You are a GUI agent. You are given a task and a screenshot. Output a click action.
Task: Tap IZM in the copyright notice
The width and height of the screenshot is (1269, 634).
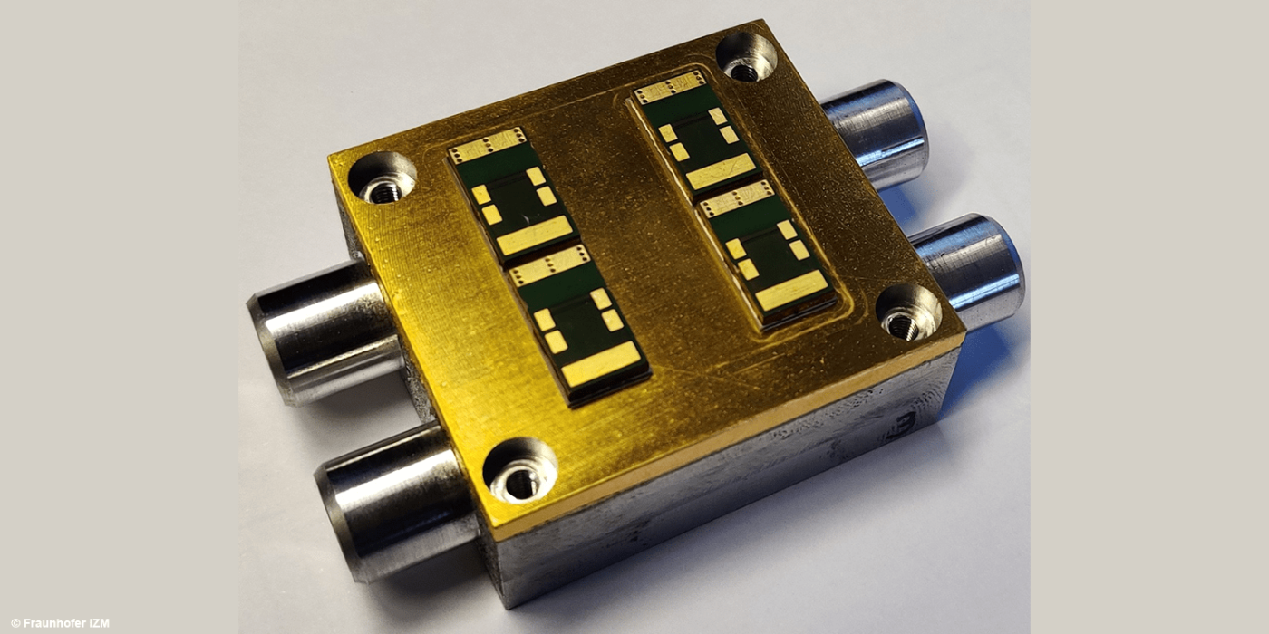99,623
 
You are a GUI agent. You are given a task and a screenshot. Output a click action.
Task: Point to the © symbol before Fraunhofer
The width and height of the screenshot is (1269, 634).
15,623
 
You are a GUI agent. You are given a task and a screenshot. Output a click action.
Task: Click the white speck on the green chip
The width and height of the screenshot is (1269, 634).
527,217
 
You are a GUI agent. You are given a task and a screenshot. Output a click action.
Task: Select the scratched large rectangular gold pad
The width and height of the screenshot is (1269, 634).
722,171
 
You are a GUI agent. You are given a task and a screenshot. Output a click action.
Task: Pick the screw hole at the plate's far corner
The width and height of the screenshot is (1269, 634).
745,58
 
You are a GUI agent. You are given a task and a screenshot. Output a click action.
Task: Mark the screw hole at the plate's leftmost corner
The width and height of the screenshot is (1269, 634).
382,179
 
